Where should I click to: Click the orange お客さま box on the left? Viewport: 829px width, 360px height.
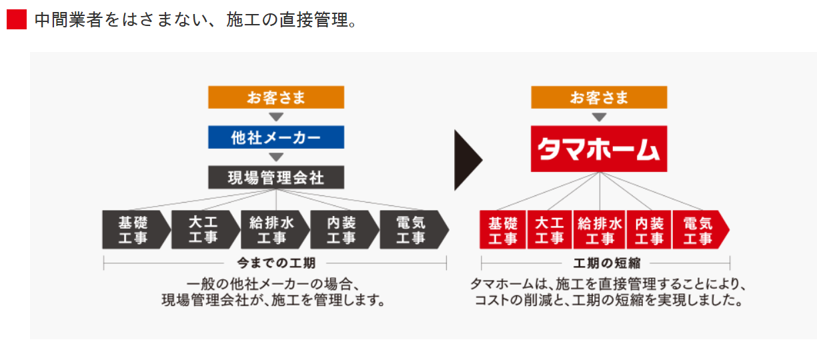276,98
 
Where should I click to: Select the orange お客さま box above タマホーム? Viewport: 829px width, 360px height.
599,98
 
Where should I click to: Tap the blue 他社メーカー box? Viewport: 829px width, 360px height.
276,138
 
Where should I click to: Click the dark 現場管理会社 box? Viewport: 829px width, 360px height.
276,177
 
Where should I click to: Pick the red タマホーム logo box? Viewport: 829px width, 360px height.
599,149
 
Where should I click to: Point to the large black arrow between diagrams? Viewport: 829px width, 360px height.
468,160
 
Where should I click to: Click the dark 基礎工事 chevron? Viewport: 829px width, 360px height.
133,230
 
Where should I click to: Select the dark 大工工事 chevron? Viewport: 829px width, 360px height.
203,230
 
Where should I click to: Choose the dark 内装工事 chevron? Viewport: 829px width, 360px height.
341,230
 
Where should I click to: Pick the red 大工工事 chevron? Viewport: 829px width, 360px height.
550,230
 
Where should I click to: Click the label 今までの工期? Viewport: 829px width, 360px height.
276,263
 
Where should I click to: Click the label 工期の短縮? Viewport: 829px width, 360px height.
606,263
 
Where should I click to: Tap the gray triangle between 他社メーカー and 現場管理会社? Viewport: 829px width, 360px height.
276,157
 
